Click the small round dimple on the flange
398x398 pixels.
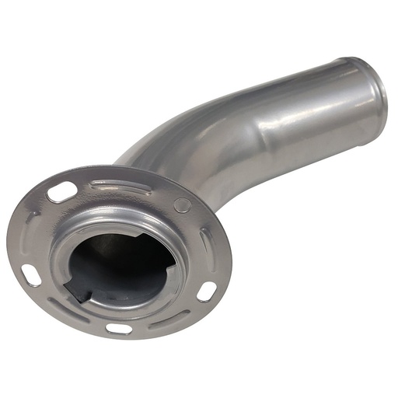pos(181,205)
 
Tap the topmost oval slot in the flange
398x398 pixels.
pos(62,192)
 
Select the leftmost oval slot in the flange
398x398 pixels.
pos(31,274)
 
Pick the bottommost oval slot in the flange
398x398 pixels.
pos(118,327)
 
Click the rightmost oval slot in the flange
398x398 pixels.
pos(206,292)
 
